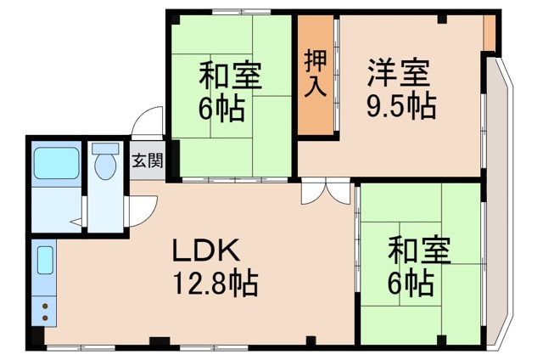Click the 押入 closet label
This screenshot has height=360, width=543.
pos(316,74)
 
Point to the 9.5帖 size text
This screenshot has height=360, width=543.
pos(400,106)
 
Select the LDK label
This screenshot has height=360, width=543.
pos(208,250)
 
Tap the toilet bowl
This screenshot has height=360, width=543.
pos(106,167)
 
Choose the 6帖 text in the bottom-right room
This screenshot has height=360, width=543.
pos(413,281)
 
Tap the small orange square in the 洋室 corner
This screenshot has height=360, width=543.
pos(490,35)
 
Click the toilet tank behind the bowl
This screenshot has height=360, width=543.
pos(106,149)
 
